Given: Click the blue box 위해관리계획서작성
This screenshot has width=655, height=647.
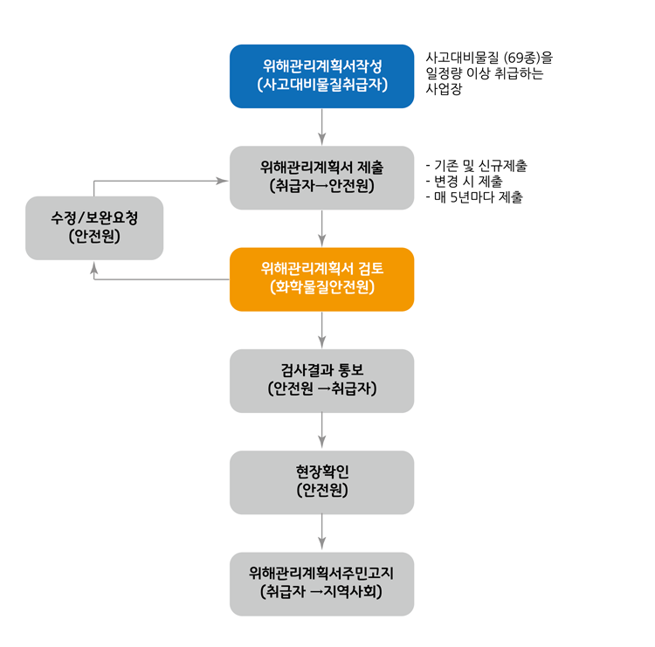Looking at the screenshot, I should coord(321,76).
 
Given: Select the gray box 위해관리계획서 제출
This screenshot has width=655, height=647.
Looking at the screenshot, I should coord(321,177).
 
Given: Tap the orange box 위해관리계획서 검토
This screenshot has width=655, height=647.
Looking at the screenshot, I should coord(321,279).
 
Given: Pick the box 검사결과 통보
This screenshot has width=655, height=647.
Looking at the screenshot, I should coord(321,381).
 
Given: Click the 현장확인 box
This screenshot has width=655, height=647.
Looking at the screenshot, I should coord(321,482).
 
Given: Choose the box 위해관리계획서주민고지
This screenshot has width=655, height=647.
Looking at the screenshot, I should coord(321,583).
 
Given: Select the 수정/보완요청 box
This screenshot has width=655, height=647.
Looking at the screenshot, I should coord(94,228).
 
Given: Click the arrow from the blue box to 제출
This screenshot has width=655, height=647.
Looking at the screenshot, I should coord(322,127).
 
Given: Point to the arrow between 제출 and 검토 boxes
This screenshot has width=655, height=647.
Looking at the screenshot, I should coord(322,229).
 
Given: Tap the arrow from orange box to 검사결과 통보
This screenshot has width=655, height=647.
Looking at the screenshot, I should coord(322,330).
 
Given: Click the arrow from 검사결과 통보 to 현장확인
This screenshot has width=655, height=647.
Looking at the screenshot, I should coord(322,431).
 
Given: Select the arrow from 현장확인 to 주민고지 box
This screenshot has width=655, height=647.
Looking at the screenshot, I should coord(322,533).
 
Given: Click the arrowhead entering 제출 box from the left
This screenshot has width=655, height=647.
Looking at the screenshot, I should coord(223,181).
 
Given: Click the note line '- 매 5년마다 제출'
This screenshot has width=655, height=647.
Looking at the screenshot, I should coord(473,197).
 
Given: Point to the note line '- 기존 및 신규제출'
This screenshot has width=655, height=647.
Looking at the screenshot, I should coord(475,166).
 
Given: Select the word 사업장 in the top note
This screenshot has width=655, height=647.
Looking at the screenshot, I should coord(444,89).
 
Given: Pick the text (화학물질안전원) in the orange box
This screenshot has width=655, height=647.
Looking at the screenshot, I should coord(322,287).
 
